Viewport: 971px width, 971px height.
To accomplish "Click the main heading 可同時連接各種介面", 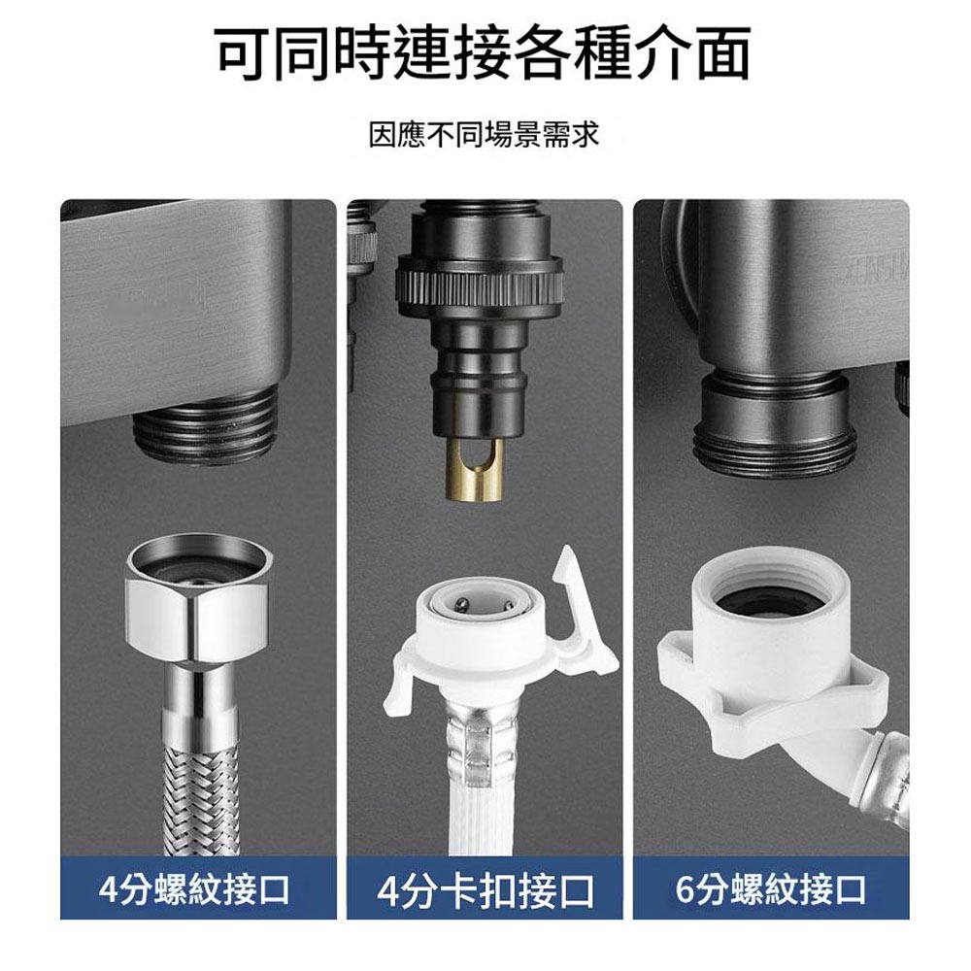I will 483,53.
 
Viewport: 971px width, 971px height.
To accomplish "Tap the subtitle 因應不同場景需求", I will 483,134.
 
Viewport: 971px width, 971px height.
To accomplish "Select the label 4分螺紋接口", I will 198,887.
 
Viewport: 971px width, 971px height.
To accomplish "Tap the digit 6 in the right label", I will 685,887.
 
